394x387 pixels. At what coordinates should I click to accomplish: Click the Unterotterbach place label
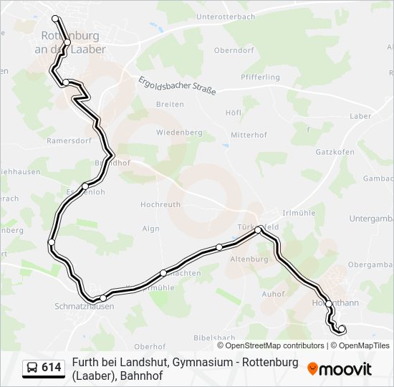pos(225,16)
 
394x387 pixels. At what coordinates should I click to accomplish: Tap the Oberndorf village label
pos(234,51)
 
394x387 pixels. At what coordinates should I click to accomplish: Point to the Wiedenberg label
pos(179,133)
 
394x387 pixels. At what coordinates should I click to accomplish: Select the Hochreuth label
pos(160,205)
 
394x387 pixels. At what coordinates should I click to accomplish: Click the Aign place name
pos(151,229)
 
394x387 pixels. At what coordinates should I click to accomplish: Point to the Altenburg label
pos(250,259)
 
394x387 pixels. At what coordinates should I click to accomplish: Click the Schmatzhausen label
pos(85,306)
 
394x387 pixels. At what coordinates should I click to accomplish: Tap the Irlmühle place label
pos(299,213)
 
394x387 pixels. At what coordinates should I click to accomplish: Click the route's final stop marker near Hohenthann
pos(341,329)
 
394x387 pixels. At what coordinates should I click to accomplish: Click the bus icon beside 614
pos(32,368)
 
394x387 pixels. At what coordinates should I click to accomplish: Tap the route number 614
pos(52,368)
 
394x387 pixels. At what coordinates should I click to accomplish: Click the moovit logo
pos(340,369)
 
